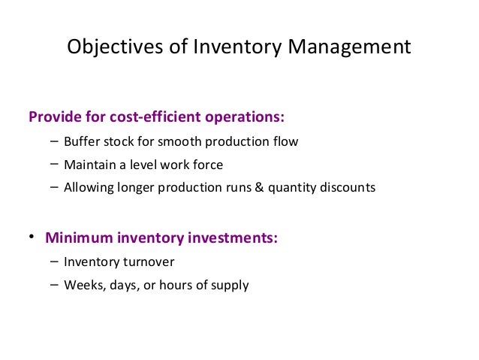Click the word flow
pos(285,141)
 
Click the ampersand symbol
pos(259,187)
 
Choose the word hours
pos(175,286)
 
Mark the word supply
pos(229,286)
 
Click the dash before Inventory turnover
pos(55,262)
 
